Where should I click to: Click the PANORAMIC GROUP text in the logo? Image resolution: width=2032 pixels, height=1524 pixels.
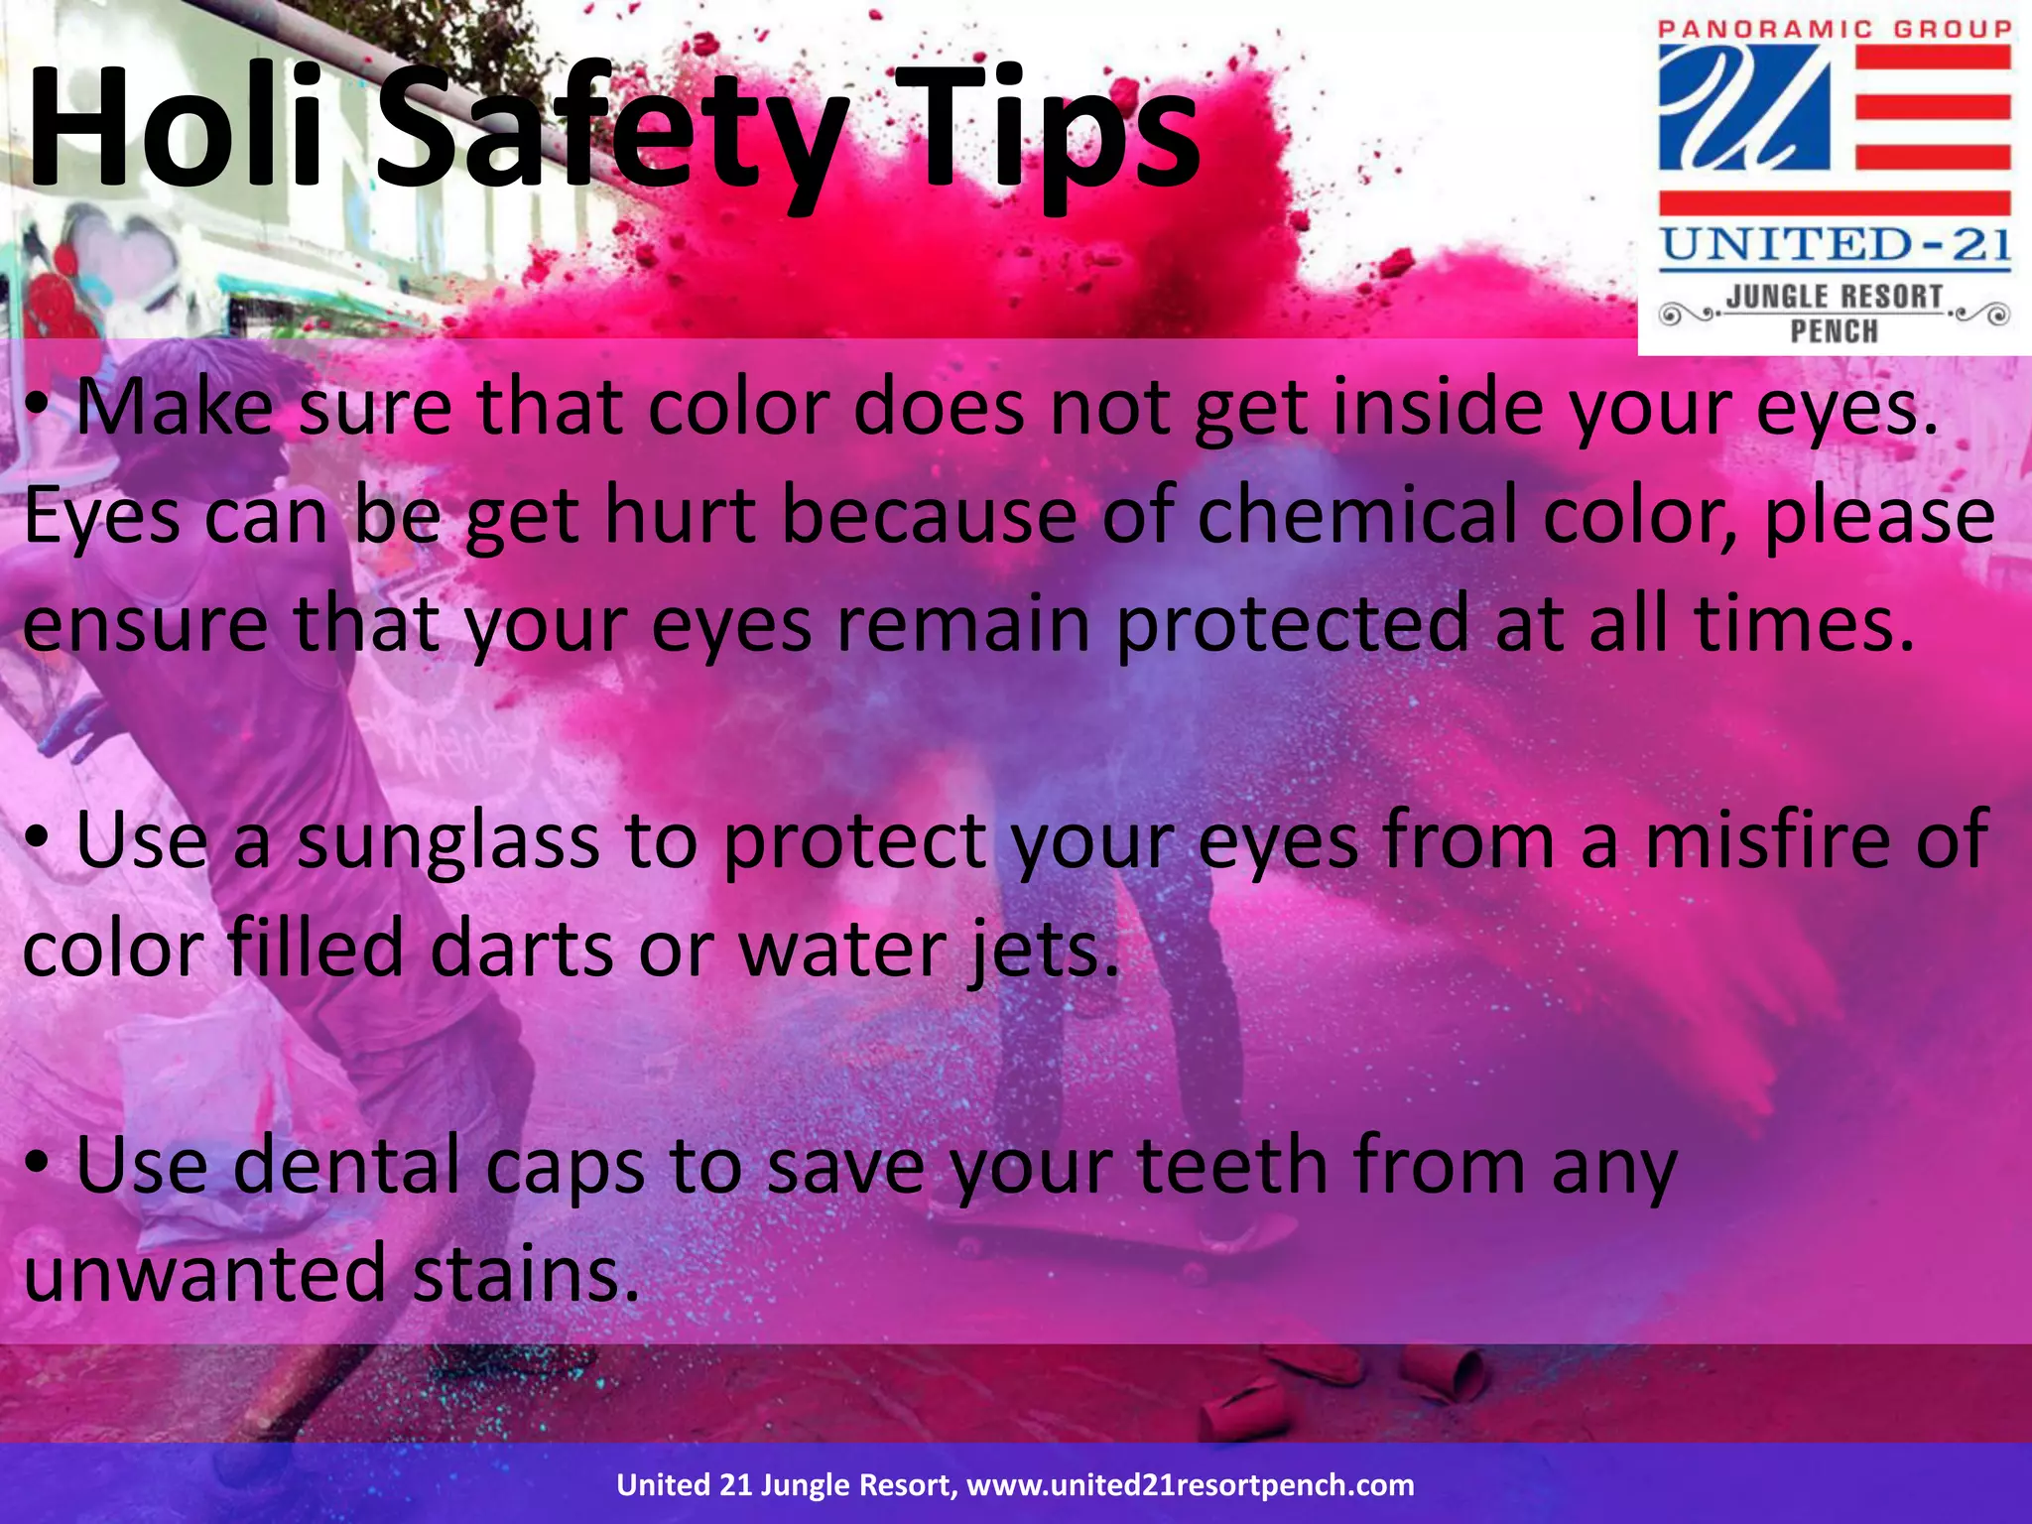tap(1835, 29)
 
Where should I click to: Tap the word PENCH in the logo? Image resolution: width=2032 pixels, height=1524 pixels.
tap(1835, 330)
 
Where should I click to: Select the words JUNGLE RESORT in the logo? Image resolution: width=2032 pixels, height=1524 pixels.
tap(1835, 297)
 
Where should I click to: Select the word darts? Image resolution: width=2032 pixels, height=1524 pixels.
tap(521, 949)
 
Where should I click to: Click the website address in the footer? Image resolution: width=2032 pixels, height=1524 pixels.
tap(1190, 1485)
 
